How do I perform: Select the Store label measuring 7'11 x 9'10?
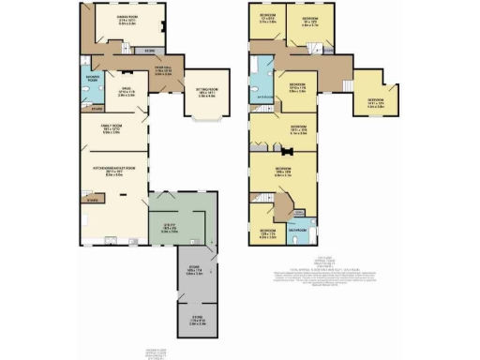[x=192, y=321]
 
